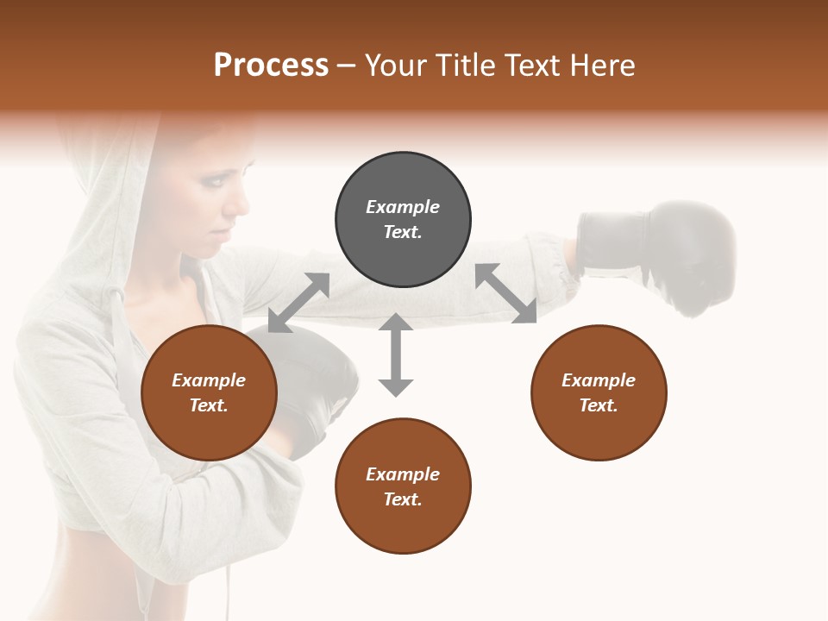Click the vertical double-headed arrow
click(x=396, y=354)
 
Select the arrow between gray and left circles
click(x=298, y=302)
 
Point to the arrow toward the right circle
click(x=506, y=293)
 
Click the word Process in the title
click(x=271, y=66)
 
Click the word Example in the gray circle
click(x=403, y=207)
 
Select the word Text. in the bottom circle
click(x=403, y=499)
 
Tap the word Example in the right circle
click(x=599, y=380)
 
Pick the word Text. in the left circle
click(x=209, y=405)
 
